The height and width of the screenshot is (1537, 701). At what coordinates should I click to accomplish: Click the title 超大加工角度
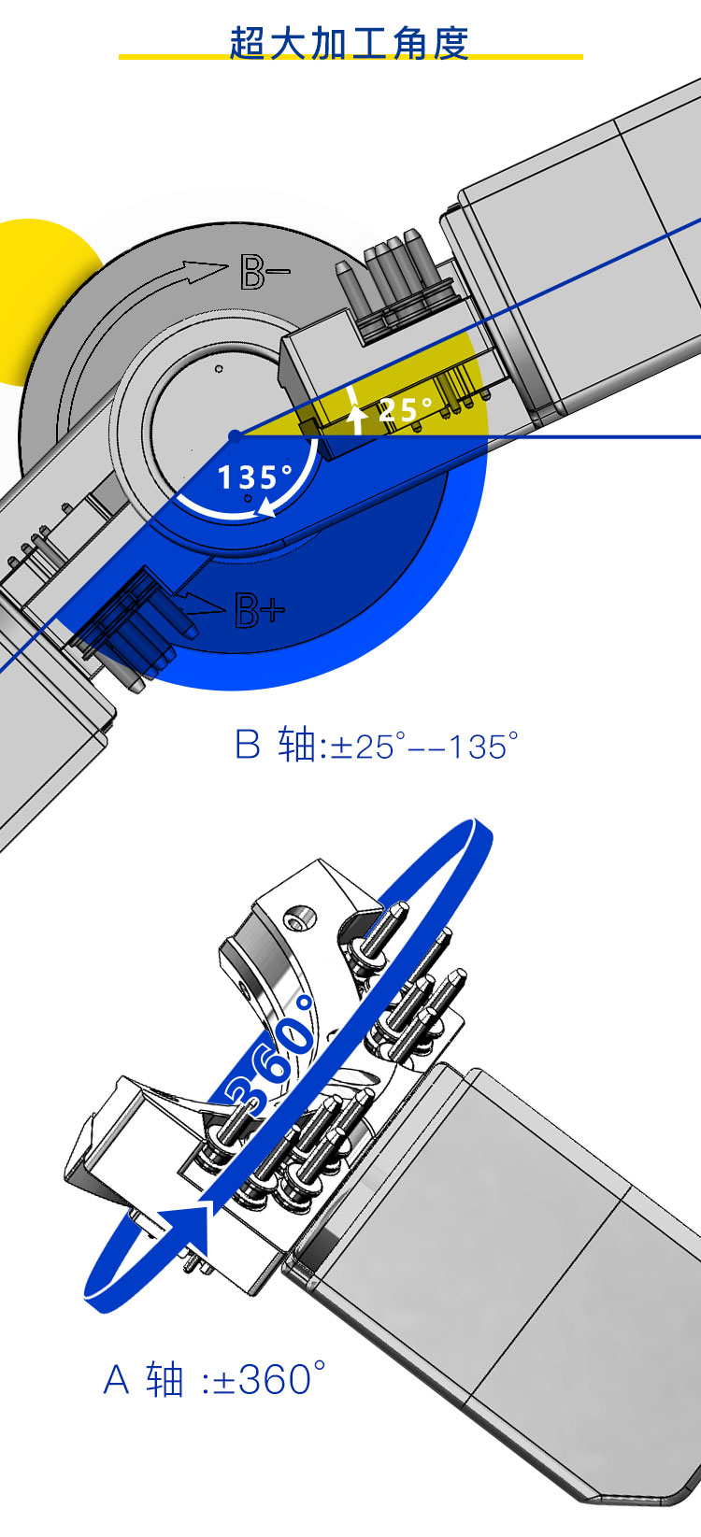(349, 44)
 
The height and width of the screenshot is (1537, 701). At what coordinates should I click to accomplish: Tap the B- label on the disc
(265, 271)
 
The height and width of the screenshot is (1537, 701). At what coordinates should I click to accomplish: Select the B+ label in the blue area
(259, 609)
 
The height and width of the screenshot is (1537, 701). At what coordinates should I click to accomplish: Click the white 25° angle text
(405, 409)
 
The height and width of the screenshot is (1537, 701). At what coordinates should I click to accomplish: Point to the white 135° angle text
(255, 477)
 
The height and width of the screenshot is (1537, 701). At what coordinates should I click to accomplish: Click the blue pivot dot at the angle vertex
(235, 435)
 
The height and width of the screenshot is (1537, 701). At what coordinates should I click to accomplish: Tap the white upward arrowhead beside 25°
(356, 412)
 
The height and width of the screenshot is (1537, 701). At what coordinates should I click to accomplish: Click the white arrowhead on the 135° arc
(265, 507)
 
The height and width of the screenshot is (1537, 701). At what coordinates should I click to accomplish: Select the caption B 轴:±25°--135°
(377, 745)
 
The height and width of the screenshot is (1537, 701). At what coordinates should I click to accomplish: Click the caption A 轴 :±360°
(214, 1378)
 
